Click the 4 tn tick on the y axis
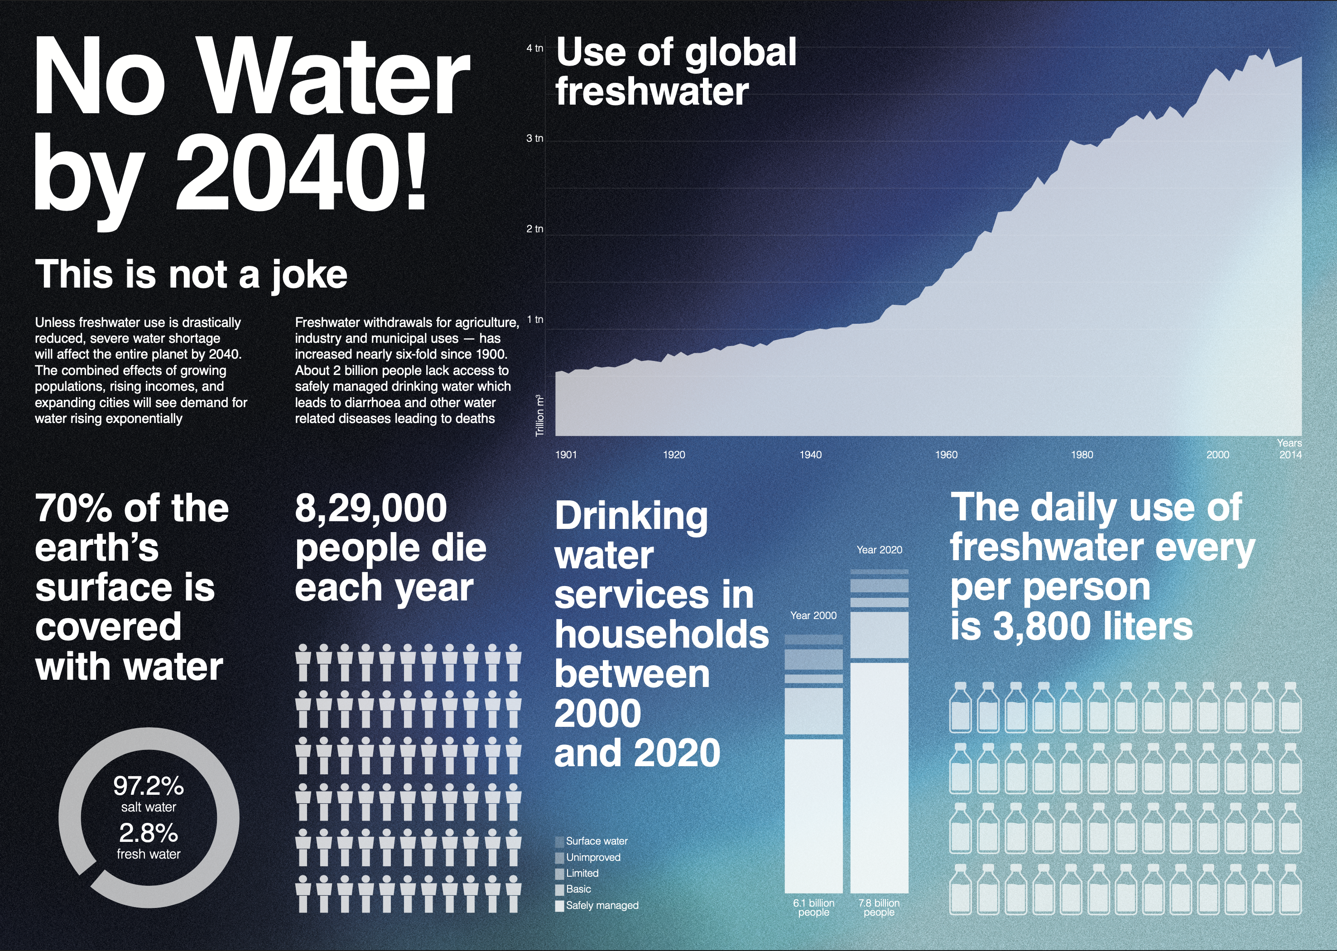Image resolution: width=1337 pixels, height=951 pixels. (534, 48)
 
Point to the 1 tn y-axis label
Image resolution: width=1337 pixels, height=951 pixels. (535, 319)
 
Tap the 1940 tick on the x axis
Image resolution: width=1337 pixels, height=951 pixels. (811, 454)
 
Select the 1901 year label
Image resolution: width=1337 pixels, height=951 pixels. (566, 454)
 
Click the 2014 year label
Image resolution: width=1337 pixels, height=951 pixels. (1290, 454)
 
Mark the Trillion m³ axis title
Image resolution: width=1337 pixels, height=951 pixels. (540, 415)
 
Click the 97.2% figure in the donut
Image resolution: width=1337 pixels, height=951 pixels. (149, 786)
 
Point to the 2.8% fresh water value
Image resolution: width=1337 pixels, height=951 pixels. (149, 833)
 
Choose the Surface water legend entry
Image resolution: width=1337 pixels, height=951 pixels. (596, 841)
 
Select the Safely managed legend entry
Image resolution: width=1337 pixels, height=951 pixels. (602, 905)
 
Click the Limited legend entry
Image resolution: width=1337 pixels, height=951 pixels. (582, 873)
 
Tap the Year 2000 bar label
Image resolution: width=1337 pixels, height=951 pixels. (813, 615)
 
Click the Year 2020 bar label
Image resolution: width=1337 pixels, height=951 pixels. (879, 550)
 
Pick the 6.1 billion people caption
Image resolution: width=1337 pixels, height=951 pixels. (813, 908)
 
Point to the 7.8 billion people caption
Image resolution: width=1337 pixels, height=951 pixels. (879, 908)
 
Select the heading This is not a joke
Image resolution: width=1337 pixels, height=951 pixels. (191, 274)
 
